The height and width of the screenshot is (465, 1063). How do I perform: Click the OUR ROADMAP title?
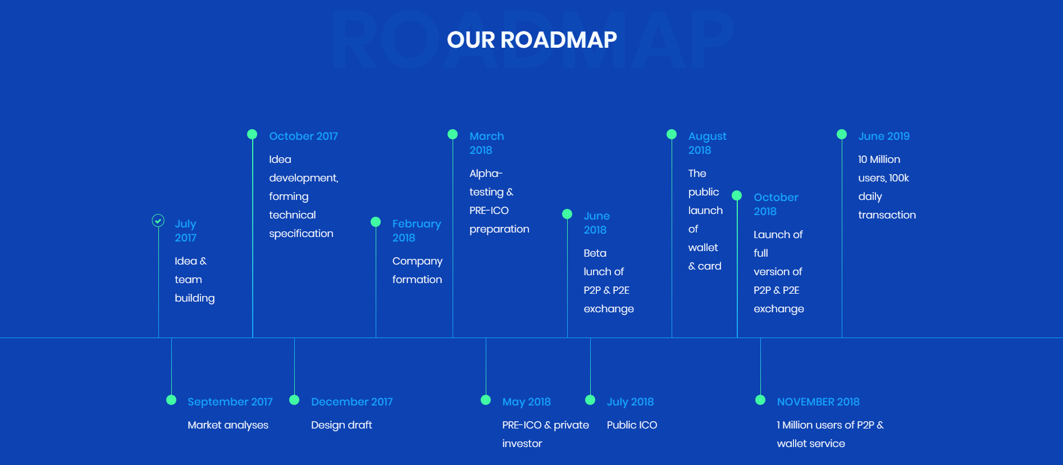532,40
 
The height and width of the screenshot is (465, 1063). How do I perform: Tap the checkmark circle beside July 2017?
158,221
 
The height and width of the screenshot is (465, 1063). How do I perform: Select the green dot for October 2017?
252,134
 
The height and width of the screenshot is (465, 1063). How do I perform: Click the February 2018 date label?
417,231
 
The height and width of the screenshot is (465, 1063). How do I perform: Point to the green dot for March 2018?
453,134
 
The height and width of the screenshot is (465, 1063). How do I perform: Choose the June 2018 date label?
596,223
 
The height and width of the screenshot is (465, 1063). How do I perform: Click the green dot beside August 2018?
672,134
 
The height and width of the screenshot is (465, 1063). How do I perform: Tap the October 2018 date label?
775,204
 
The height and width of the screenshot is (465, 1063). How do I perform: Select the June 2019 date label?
884,136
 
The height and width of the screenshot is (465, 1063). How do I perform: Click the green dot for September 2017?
171,400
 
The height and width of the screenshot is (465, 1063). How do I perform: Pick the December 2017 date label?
352,402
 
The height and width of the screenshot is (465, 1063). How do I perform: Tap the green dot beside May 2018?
486,400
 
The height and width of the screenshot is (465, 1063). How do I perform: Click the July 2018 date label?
630,402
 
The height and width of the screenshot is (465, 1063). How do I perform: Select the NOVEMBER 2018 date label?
818,402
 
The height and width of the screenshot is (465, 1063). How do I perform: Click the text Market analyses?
228,426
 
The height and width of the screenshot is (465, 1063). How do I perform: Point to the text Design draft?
341,425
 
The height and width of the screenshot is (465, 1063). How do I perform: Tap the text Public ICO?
632,425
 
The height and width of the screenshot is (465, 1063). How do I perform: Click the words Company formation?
417,271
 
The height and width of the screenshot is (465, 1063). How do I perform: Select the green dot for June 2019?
842,134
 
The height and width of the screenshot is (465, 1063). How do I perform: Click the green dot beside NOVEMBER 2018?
760,400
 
